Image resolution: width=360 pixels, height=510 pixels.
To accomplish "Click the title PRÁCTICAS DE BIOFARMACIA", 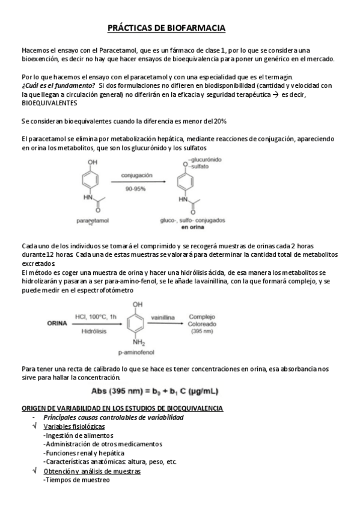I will pos(166,28).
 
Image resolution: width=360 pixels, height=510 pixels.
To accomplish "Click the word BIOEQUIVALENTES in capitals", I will pos(49,102).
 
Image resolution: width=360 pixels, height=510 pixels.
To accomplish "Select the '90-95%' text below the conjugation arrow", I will pos(137,188).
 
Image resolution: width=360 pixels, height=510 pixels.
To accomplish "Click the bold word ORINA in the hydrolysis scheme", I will pos(58,323).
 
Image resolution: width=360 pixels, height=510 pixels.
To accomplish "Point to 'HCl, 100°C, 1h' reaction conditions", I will pos(93,316).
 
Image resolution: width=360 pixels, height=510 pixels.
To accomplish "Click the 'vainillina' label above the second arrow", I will pos(163,316).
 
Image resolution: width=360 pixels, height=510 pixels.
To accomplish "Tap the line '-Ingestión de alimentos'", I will pos(78,435).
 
